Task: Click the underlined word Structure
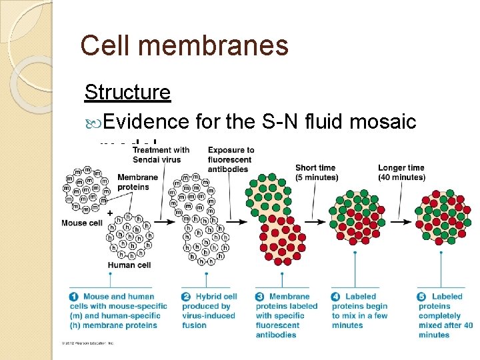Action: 127,92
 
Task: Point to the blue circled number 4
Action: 337,297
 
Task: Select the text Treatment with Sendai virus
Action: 161,155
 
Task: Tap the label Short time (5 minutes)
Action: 317,173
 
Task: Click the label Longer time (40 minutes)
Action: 401,173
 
